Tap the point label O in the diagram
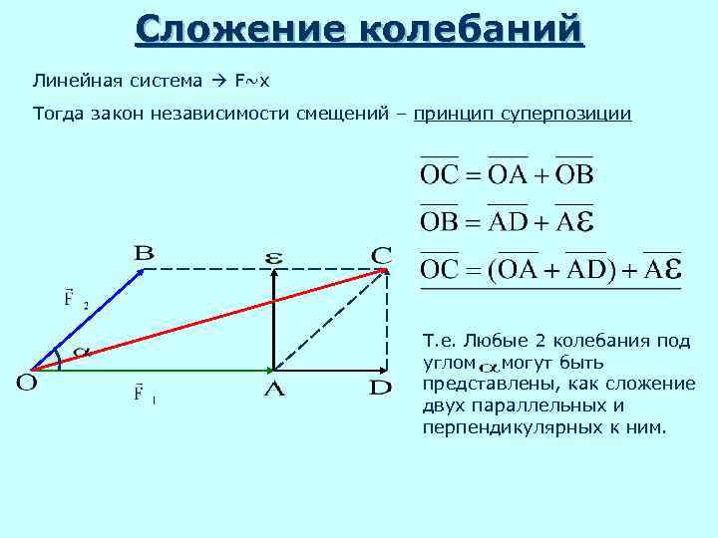pos(27,383)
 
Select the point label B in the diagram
pos(144,254)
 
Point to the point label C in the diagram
pos(381,255)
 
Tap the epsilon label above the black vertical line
pos(273,259)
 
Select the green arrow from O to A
pos(150,370)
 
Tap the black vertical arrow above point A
pos(273,319)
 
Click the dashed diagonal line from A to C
pos(329,319)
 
